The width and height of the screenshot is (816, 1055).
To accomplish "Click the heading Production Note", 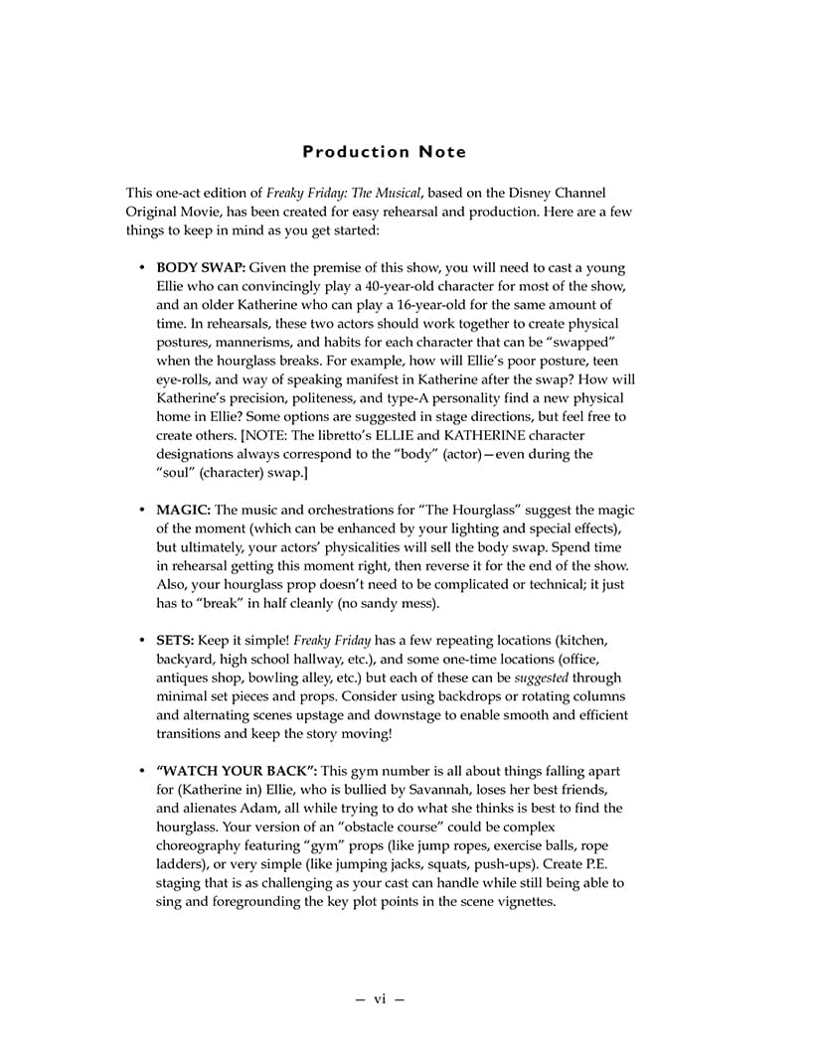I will [384, 152].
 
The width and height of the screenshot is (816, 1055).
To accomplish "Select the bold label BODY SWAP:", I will [200, 268].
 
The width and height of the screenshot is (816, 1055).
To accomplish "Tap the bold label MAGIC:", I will [183, 510].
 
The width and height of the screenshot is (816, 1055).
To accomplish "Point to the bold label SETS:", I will [175, 641].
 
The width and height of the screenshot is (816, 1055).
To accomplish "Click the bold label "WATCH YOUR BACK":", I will [237, 771].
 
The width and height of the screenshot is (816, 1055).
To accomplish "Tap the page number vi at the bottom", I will [380, 999].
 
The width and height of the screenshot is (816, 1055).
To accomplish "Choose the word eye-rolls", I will [187, 379].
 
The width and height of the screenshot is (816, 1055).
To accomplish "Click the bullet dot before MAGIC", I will [142, 511].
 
